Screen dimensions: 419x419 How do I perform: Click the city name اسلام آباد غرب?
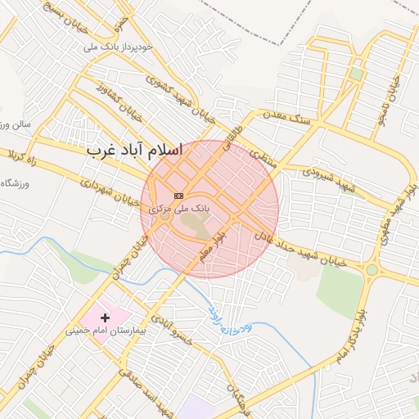pyautogui.click(x=135, y=151)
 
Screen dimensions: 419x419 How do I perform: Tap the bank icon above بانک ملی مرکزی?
pyautogui.click(x=178, y=196)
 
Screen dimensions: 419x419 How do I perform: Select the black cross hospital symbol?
pyautogui.click(x=105, y=317)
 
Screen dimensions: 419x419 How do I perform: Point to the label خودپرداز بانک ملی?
pyautogui.click(x=119, y=47)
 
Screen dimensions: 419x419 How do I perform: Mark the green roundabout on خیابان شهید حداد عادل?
pyautogui.click(x=372, y=269)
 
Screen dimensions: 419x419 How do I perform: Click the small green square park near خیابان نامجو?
pyautogui.click(x=356, y=74)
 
